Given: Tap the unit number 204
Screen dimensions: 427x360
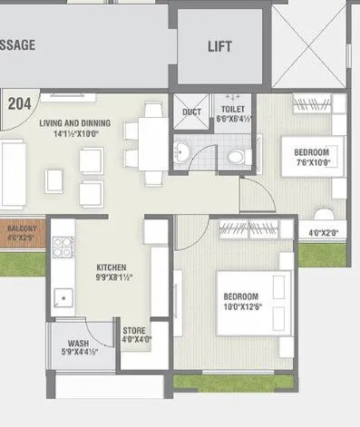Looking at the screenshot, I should tap(19, 103).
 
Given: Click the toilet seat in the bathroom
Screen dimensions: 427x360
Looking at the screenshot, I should tap(236, 157).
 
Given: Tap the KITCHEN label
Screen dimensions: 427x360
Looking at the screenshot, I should tap(112, 268).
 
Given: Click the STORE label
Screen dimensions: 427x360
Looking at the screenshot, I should tap(134, 331).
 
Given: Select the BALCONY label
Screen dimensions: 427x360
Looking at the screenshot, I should tap(21, 230).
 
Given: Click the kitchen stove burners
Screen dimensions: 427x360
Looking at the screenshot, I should tap(63, 244).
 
